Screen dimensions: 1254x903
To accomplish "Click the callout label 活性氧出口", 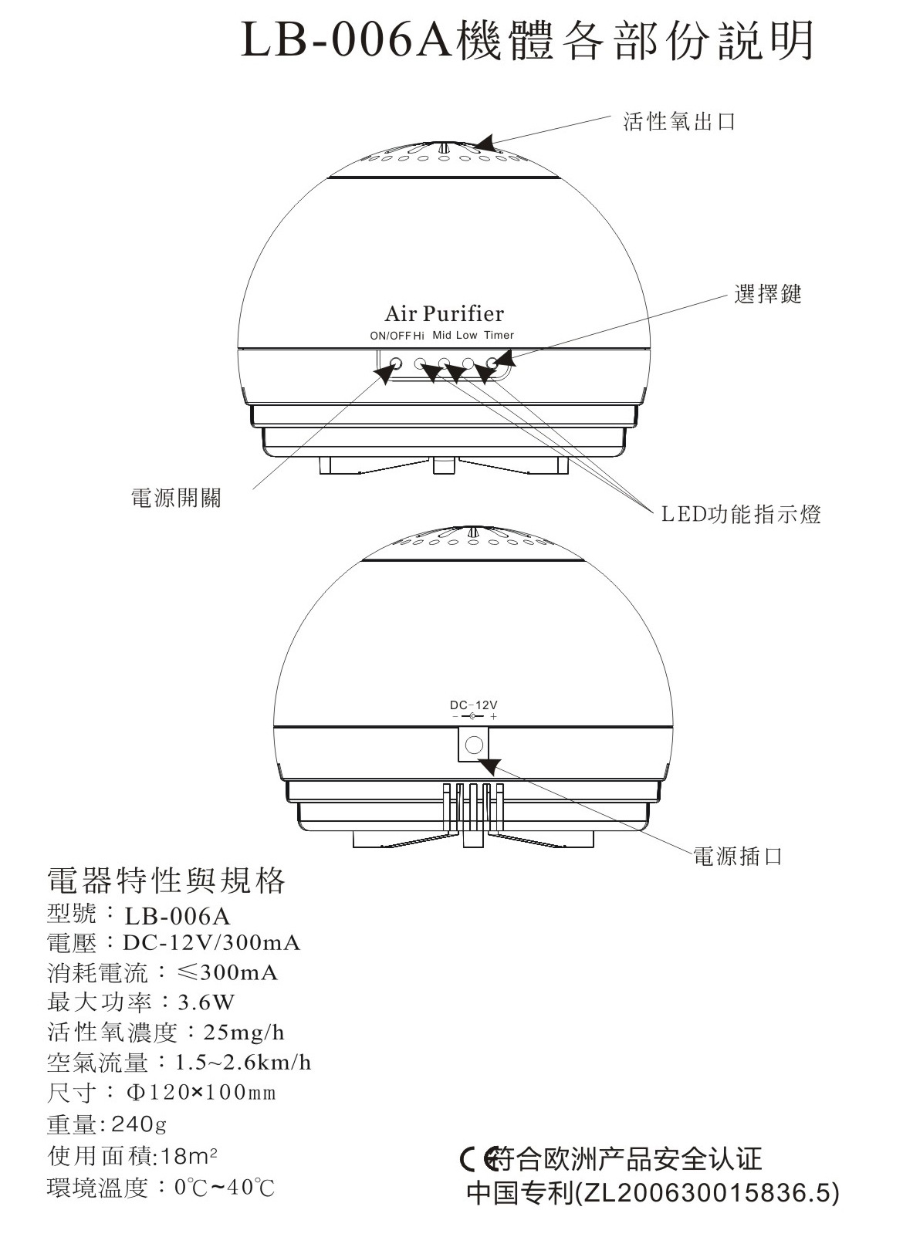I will point(679,122).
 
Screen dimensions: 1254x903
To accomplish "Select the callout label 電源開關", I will point(177,499).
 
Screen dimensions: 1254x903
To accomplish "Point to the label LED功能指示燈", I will point(741,515).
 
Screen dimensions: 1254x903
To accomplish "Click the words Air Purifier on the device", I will point(444,314).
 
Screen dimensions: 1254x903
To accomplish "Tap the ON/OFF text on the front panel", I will point(391,336).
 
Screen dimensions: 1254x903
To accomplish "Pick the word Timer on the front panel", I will point(499,336).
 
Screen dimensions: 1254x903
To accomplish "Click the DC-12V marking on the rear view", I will point(474,705).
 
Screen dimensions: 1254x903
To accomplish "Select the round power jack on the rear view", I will point(475,745).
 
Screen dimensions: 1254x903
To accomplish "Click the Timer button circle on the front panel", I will point(492,362).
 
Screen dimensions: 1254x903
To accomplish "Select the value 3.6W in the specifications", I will point(206,1002).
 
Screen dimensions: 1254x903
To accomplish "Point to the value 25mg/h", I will point(244,1033).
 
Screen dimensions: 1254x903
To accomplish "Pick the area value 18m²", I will point(191,1156).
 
